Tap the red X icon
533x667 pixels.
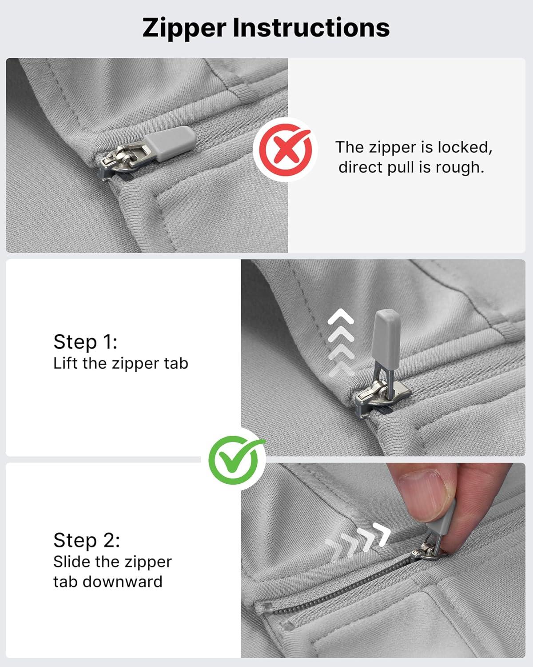[285, 150]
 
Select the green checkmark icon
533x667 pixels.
[234, 460]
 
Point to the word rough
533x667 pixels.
[460, 168]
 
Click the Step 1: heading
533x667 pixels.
[85, 342]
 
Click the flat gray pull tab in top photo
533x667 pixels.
[170, 143]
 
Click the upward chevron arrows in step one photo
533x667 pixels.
[341, 342]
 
